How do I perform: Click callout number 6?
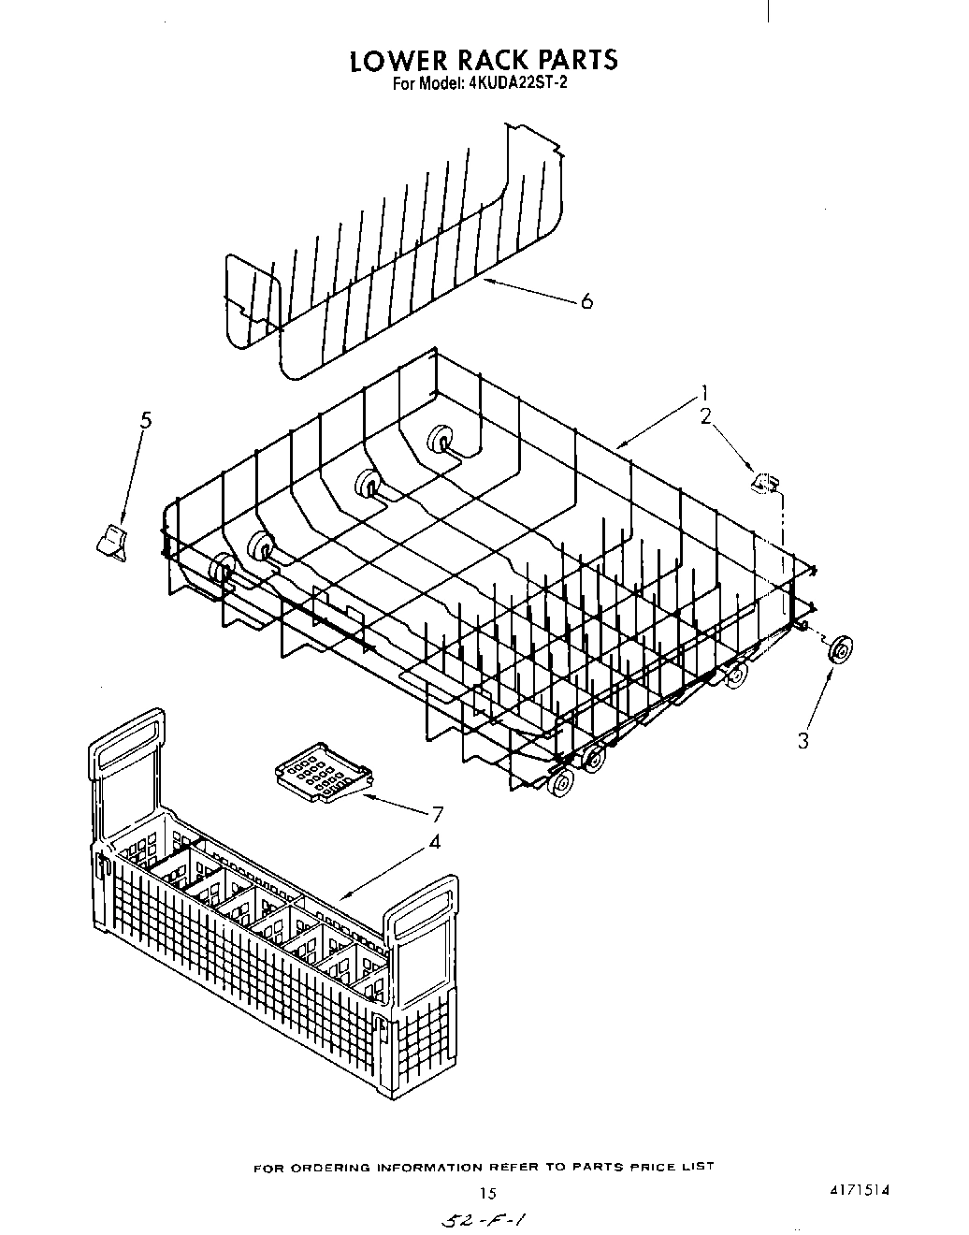pyautogui.click(x=586, y=301)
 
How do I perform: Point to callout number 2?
pyautogui.click(x=706, y=416)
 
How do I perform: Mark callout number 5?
pyautogui.click(x=145, y=420)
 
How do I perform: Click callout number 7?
pyautogui.click(x=436, y=813)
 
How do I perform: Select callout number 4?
pyautogui.click(x=434, y=842)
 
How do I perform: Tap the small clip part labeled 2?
pyautogui.click(x=765, y=483)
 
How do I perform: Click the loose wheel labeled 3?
pyautogui.click(x=839, y=647)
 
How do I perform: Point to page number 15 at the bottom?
pyautogui.click(x=486, y=1193)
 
